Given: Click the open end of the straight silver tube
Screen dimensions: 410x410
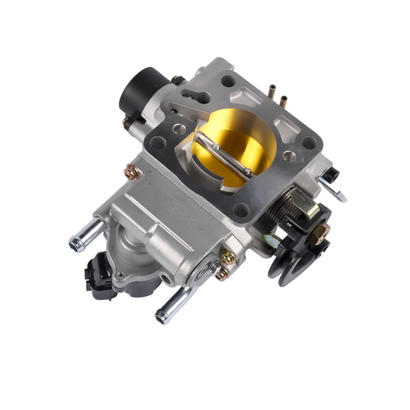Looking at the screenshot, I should (75, 243).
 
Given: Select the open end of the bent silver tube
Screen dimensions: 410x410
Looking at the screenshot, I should (163, 316).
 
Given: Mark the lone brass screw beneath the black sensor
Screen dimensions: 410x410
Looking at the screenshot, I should (133, 172).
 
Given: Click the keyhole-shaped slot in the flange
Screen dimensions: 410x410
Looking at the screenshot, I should (198, 96).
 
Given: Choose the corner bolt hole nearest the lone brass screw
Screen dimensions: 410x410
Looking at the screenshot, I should (159, 143).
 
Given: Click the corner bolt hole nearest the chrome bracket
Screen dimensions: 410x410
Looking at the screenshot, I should (309, 143).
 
